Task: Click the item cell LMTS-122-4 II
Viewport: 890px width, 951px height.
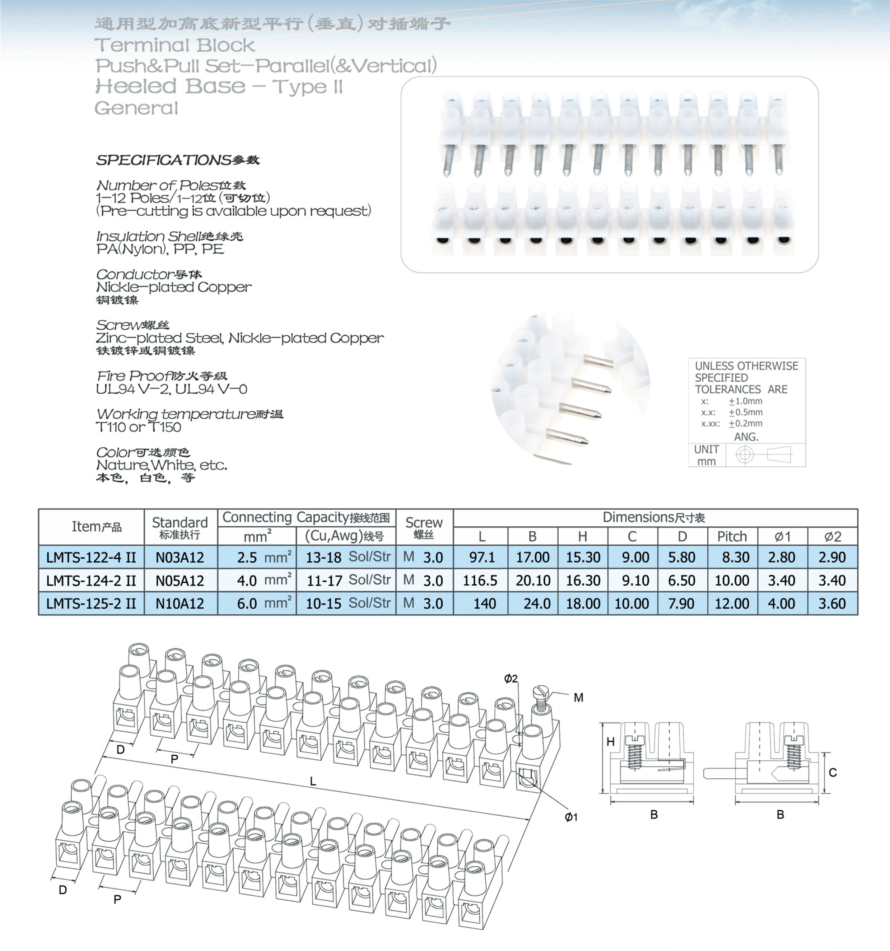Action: [x=91, y=557]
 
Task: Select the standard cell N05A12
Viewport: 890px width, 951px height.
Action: [x=180, y=581]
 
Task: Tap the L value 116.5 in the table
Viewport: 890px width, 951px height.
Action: [x=480, y=581]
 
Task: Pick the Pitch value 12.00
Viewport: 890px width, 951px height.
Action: [x=732, y=604]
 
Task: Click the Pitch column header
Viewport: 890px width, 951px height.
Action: [x=732, y=536]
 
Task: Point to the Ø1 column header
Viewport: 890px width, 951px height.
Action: [x=782, y=536]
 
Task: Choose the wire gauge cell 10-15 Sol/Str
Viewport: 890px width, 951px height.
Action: [x=348, y=604]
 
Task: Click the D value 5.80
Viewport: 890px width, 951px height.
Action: [x=681, y=557]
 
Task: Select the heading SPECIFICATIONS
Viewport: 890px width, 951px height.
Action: [x=164, y=160]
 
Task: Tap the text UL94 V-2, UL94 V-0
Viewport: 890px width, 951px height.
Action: [x=171, y=389]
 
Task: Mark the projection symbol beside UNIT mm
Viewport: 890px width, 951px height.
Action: [x=765, y=454]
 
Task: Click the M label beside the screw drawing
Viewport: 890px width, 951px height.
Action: [x=578, y=698]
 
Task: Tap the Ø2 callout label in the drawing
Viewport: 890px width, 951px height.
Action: [x=511, y=678]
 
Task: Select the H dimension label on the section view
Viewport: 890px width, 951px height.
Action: [x=611, y=741]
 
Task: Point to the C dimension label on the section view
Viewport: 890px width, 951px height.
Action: [x=833, y=773]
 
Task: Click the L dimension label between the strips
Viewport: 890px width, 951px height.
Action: [x=313, y=781]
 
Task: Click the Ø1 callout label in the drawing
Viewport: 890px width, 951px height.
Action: [x=571, y=817]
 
